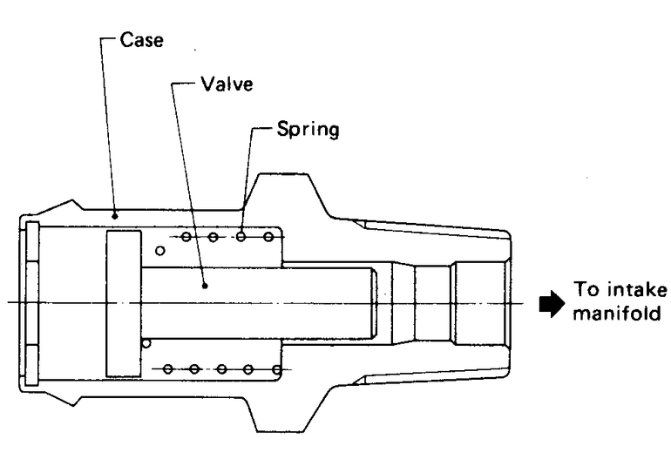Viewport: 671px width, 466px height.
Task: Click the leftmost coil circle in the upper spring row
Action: [186, 236]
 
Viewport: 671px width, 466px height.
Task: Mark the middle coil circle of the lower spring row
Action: [221, 369]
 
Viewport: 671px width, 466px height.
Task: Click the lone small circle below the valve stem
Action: [146, 342]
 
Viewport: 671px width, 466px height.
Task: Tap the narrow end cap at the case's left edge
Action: [32, 302]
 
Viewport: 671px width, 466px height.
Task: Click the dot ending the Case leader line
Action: [115, 211]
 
